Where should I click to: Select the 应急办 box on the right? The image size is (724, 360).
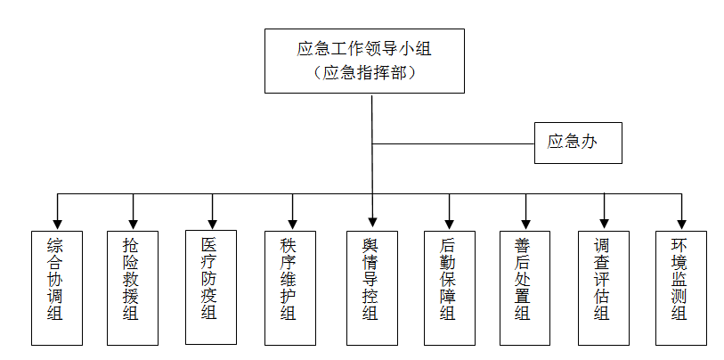[x=577, y=143]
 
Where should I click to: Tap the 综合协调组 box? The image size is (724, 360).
[x=57, y=288]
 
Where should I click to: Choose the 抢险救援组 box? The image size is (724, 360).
[x=133, y=288]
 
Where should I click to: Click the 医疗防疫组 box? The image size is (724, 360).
[x=211, y=287]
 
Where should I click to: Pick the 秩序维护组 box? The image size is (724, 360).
[x=290, y=288]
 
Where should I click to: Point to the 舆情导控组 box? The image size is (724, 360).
[x=371, y=288]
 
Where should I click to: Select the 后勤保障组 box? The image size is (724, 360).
[x=449, y=288]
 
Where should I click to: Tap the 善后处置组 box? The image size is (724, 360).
[x=525, y=288]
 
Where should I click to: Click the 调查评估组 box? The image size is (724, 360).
[x=604, y=288]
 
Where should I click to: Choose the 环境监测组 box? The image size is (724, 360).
[x=682, y=288]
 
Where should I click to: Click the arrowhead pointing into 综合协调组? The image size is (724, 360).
[x=57, y=224]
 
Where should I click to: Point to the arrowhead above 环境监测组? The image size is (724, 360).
[x=682, y=224]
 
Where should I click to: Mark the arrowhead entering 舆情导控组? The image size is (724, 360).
[x=371, y=224]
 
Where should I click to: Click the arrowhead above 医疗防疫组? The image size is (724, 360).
[x=211, y=224]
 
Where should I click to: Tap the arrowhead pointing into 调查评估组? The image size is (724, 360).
[x=604, y=224]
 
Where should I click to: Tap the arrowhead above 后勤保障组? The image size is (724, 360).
[x=449, y=224]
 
